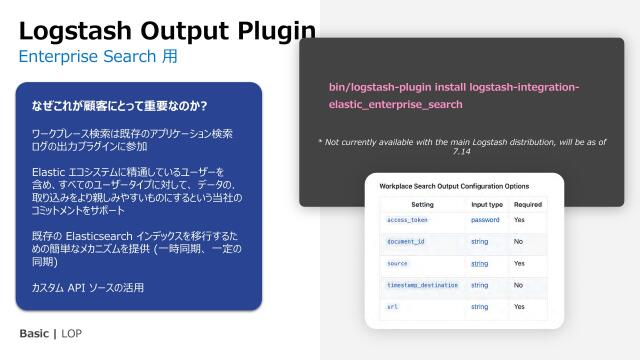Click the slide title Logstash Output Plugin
pyautogui.click(x=168, y=30)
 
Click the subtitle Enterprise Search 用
pyautogui.click(x=98, y=57)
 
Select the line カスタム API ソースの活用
pyautogui.click(x=88, y=288)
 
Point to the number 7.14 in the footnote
pyautogui.click(x=461, y=152)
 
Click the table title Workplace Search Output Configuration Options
pyautogui.click(x=454, y=186)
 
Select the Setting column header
pyautogui.click(x=422, y=204)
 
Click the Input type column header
pyautogui.click(x=487, y=204)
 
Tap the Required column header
pyautogui.click(x=527, y=204)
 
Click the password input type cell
pyautogui.click(x=485, y=219)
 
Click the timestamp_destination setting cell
pyautogui.click(x=423, y=285)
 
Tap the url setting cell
pyautogui.click(x=392, y=307)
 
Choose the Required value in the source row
pyautogui.click(x=520, y=263)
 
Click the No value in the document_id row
pyautogui.click(x=518, y=241)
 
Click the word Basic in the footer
pyautogui.click(x=37, y=332)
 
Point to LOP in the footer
pyautogui.click(x=72, y=332)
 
